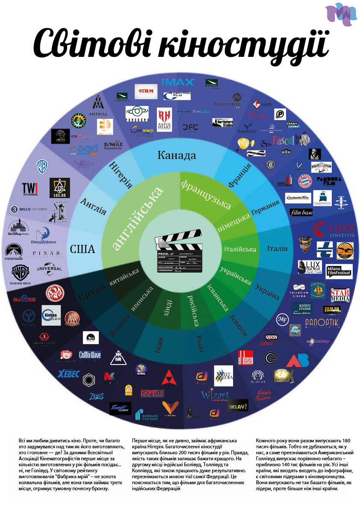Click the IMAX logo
click(178, 82)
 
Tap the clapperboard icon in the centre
click(180, 254)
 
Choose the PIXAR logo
click(46, 253)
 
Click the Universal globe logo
click(50, 269)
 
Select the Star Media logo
click(340, 295)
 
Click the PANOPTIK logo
click(328, 321)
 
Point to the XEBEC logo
click(69, 374)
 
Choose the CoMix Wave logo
click(90, 355)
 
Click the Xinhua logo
click(51, 315)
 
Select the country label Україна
click(267, 291)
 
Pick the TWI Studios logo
click(30, 188)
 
